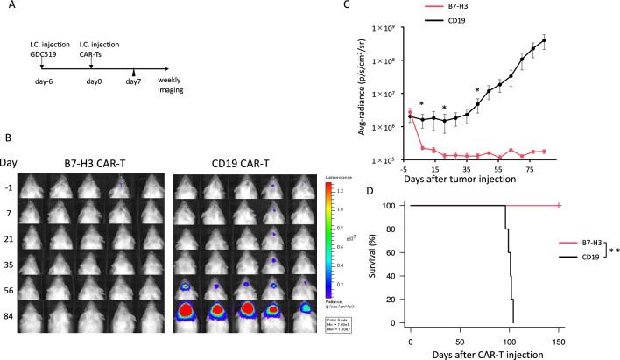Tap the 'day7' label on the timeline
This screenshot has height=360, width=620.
click(134, 106)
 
